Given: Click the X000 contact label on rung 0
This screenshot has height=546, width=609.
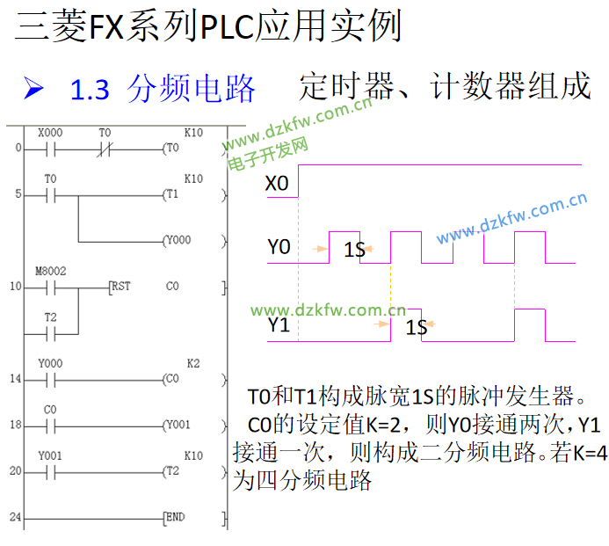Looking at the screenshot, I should pyautogui.click(x=50, y=132).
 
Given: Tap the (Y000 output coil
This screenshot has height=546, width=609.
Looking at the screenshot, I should pyautogui.click(x=179, y=240).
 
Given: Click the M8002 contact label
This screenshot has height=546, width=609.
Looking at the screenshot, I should pyautogui.click(x=50, y=271).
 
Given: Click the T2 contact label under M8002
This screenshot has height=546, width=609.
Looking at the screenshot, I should pyautogui.click(x=50, y=317).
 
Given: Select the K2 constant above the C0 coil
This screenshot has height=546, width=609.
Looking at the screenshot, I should pyautogui.click(x=193, y=363).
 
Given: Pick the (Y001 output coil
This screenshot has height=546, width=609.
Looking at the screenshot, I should pyautogui.click(x=179, y=425).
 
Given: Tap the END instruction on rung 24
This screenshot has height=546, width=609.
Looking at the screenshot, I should pyautogui.click(x=175, y=517).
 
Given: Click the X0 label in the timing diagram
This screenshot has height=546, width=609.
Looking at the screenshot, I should pyautogui.click(x=277, y=184).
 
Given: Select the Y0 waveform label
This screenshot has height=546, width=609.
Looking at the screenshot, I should pyautogui.click(x=279, y=247).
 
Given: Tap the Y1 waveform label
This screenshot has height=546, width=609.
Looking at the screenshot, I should pyautogui.click(x=279, y=326).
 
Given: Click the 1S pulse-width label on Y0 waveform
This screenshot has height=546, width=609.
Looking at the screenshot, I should pyautogui.click(x=354, y=251).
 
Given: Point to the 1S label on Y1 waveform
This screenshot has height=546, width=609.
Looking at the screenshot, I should pyautogui.click(x=417, y=327).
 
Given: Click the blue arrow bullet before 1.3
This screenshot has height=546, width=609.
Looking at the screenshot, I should pyautogui.click(x=34, y=88).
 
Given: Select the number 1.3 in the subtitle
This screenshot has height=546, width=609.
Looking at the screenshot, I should pyautogui.click(x=89, y=90).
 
